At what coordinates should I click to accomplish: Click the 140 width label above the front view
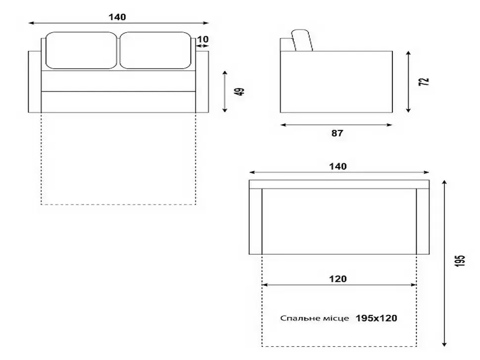[x=117, y=17]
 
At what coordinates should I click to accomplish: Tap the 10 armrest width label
[x=203, y=40]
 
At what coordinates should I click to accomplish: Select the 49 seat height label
[x=241, y=91]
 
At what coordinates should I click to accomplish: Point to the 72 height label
[x=424, y=82]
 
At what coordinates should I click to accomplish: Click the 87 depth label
[x=337, y=134]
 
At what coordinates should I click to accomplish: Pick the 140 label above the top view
[x=338, y=166]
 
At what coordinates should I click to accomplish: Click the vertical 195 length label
[x=460, y=261]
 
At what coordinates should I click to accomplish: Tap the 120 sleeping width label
[x=338, y=279]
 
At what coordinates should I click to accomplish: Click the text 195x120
[x=376, y=318]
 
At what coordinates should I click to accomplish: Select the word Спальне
[x=296, y=318]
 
